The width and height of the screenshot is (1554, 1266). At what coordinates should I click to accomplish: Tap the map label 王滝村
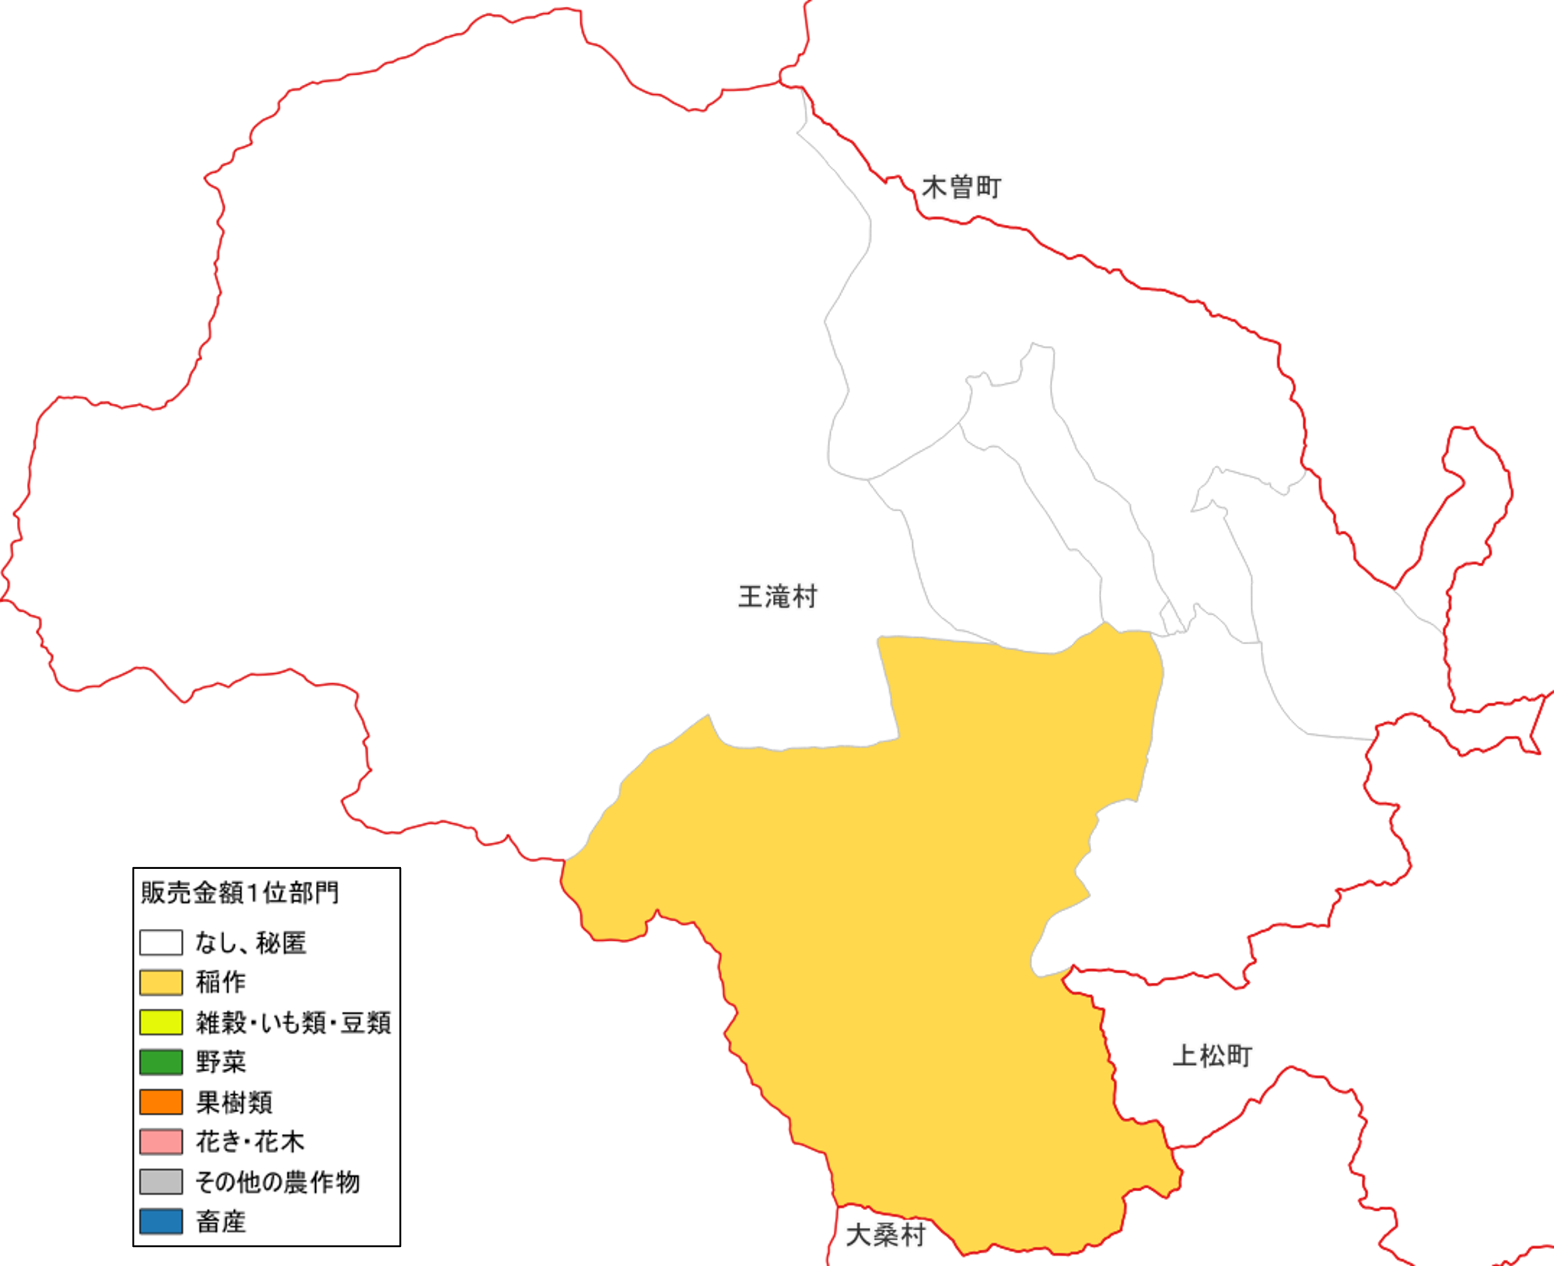coord(777,597)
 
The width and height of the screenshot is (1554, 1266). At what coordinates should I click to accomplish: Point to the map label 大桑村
coord(885,1235)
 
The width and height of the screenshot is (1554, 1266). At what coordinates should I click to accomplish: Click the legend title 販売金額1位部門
coord(239,892)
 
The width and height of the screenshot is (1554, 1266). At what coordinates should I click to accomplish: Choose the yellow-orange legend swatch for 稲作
coord(161,982)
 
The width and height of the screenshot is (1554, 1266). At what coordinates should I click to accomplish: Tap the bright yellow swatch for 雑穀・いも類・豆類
coord(161,1022)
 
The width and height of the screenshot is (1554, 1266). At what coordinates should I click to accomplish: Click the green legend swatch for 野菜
coord(161,1062)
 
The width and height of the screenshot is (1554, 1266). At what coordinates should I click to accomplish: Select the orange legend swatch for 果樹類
coord(161,1102)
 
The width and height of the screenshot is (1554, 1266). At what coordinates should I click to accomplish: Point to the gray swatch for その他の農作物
coord(161,1181)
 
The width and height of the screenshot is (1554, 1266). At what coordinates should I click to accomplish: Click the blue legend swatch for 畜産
coord(161,1221)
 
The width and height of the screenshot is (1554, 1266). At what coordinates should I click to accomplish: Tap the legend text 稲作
coord(220,982)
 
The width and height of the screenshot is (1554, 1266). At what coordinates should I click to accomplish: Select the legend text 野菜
coord(220,1062)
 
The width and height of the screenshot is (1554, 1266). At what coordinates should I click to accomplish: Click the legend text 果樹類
coord(234,1102)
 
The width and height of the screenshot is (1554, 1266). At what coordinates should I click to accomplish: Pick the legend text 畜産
coord(220,1221)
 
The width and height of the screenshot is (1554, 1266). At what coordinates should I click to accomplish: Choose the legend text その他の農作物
coord(277,1181)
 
